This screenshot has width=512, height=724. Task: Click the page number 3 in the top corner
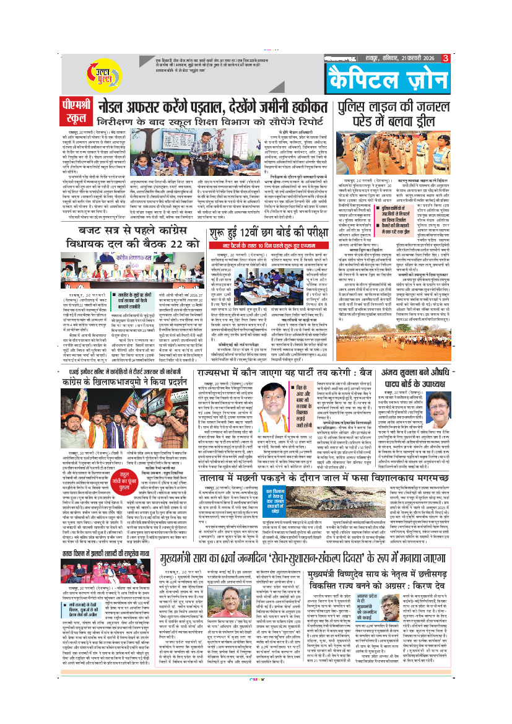[x=445, y=58]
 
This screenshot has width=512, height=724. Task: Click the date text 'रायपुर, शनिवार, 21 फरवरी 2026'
[x=399, y=58]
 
